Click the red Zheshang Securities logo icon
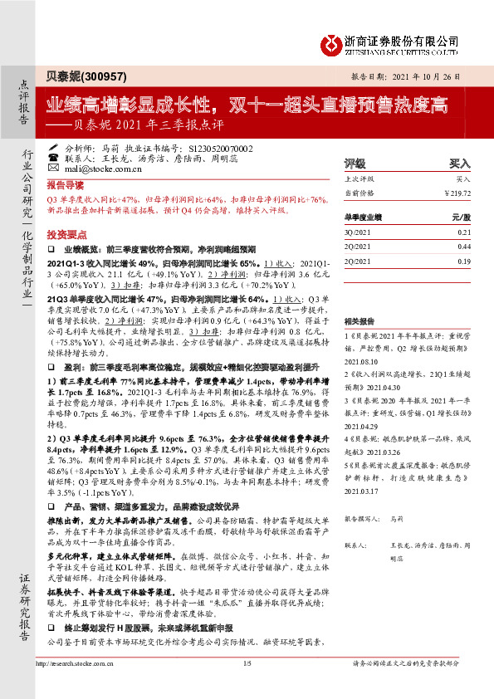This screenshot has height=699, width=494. pyautogui.click(x=330, y=42)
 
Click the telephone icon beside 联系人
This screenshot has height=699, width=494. pyautogui.click(x=54, y=157)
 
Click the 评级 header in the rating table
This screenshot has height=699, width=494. pyautogui.click(x=355, y=164)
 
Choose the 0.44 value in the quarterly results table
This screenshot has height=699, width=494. pyautogui.click(x=463, y=247)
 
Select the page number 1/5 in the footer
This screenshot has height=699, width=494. pyautogui.click(x=247, y=687)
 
